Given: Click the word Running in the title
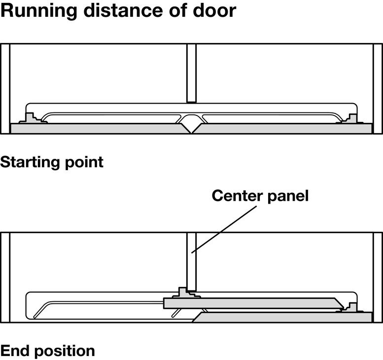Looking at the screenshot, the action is point(39,11).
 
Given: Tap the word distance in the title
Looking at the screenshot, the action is point(124,10).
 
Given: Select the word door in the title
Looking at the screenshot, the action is point(214,10).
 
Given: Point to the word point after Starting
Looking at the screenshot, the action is point(84,163).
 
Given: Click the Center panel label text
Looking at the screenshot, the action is point(260,196).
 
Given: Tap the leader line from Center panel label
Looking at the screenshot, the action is point(224,229).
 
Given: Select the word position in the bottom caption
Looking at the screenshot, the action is point(65,352).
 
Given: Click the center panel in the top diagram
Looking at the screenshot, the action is point(191,73).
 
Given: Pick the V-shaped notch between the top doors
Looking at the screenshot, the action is point(191,128).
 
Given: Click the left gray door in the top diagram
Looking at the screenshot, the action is point(98,129).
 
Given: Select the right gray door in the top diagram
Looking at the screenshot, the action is point(283,129).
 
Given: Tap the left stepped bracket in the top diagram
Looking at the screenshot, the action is point(31,118).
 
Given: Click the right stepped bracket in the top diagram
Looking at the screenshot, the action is point(351,118).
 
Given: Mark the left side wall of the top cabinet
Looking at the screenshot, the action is point(5,89).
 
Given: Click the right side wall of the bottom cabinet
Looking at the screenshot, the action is point(378,277).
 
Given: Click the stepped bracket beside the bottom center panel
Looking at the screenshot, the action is point(186,293).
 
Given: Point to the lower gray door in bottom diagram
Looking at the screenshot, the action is point(283,317).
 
